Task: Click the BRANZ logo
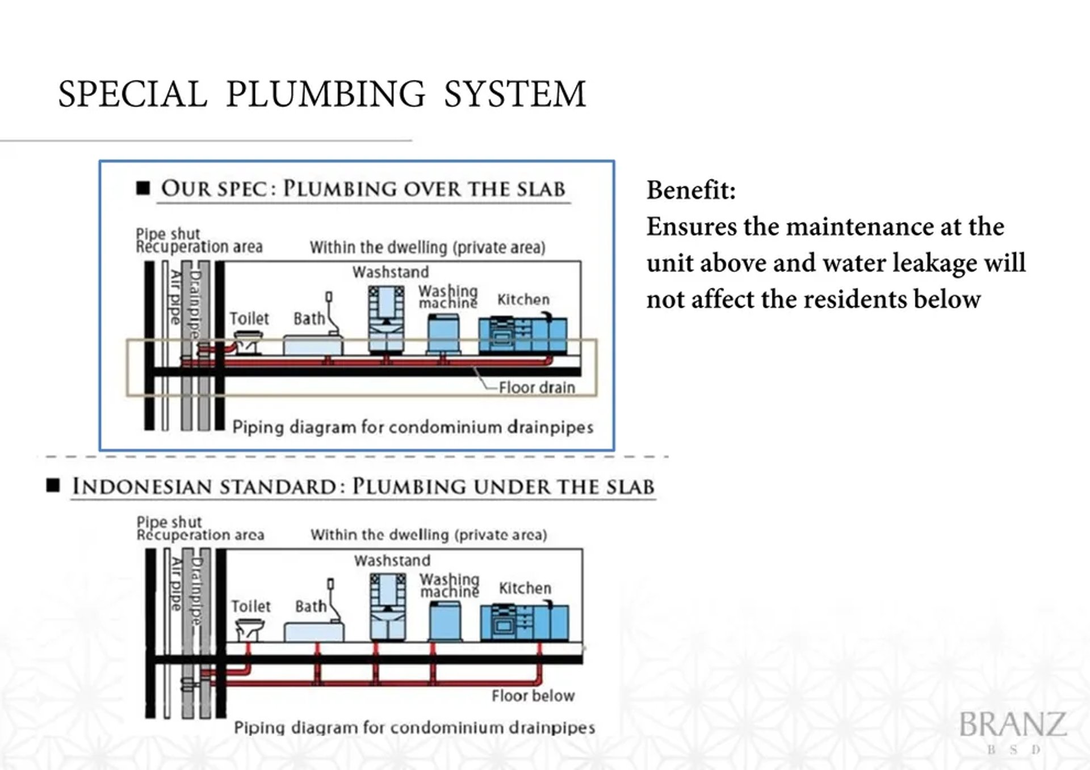pos(1013,725)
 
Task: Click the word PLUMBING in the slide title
pos(325,94)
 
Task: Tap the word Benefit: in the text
pos(691,190)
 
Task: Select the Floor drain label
pos(536,388)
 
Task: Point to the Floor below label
pos(533,696)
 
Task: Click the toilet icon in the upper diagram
pos(248,344)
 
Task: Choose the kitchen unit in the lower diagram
pos(524,623)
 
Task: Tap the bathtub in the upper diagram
pos(312,345)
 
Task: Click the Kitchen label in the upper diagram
pos(523,300)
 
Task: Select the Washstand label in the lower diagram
pos(392,561)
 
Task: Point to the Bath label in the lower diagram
pos(311,606)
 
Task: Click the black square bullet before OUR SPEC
pos(143,188)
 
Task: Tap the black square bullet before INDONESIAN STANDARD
pos(53,486)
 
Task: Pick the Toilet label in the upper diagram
pos(249,319)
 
